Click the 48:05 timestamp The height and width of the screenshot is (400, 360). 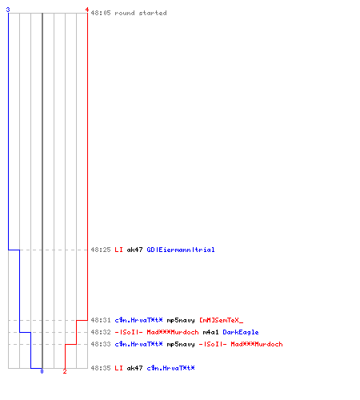pyautogui.click(x=101, y=13)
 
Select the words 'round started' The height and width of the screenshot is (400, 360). pyautogui.click(x=141, y=13)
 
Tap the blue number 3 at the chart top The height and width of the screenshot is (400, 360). pyautogui.click(x=8, y=10)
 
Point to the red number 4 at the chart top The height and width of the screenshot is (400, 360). pyautogui.click(x=87, y=10)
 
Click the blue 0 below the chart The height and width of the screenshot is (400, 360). pyautogui.click(x=42, y=371)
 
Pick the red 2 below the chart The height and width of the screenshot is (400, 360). pyautogui.click(x=65, y=371)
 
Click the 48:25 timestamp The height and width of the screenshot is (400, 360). pyautogui.click(x=101, y=250)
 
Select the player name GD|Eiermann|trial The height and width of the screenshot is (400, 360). pyautogui.click(x=181, y=250)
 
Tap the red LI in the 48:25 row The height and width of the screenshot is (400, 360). pyautogui.click(x=118, y=250)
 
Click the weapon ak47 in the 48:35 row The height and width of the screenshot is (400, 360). pyautogui.click(x=134, y=368)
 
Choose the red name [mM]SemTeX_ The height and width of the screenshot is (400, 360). pyautogui.click(x=221, y=320)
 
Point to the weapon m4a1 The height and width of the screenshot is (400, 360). pyautogui.click(x=210, y=332)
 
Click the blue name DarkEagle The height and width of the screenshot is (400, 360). pyautogui.click(x=241, y=332)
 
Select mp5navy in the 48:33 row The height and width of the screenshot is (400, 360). pyautogui.click(x=181, y=344)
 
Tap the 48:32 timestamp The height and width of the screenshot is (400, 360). pyautogui.click(x=101, y=332)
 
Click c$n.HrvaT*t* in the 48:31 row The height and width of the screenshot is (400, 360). pyautogui.click(x=138, y=320)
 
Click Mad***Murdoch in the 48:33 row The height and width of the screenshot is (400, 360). pyautogui.click(x=257, y=344)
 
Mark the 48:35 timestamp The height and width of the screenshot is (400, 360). pyautogui.click(x=101, y=368)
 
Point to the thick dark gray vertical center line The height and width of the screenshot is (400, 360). pyautogui.click(x=42, y=190)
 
